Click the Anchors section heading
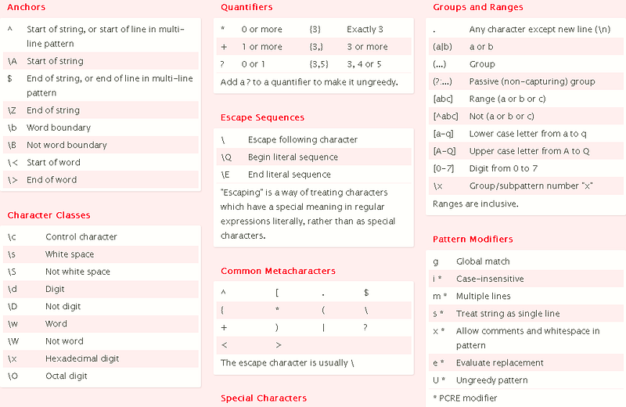(27, 8)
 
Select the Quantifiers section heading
(246, 8)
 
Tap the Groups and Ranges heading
(478, 8)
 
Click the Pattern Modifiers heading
(473, 239)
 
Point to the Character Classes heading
(49, 215)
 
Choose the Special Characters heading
(263, 398)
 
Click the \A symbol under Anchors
(12, 61)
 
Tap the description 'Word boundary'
(59, 128)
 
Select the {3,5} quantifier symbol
(319, 64)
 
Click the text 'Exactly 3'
(365, 30)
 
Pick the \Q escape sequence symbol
(227, 157)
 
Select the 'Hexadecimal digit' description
(82, 358)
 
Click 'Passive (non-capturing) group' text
(532, 81)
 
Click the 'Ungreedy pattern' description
(491, 380)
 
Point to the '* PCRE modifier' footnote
(465, 398)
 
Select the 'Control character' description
(81, 237)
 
